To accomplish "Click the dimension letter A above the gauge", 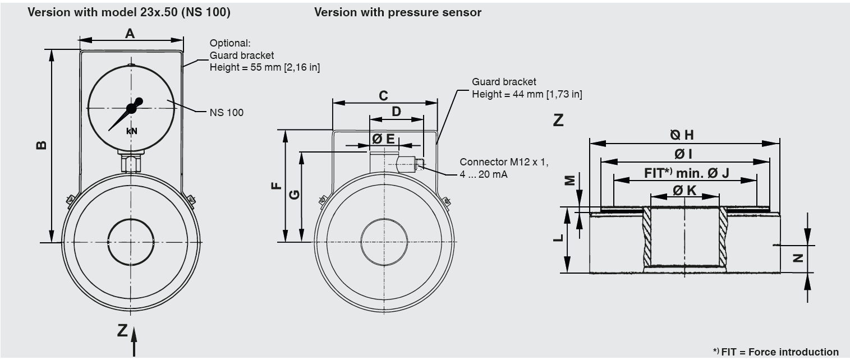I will coord(130,34).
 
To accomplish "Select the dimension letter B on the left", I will coord(41,145).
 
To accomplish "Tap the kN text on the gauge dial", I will coord(131,131).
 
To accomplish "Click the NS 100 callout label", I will coord(227,112).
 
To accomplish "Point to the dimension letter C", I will coord(383,96).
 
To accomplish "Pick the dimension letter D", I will coord(396,112).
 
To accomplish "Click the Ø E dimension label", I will coord(384,139).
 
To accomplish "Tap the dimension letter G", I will coord(293,195).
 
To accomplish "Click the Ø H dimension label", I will coord(682,135).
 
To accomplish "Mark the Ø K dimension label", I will coord(684,191).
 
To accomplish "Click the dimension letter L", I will coord(558,238).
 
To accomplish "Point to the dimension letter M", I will coord(569,179).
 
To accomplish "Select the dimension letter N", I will coord(798,258).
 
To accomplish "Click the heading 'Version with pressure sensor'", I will coord(398,12).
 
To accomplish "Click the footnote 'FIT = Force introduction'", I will coord(779,352).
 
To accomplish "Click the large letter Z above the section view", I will coord(558,120).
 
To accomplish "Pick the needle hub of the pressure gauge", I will coord(132,108).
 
